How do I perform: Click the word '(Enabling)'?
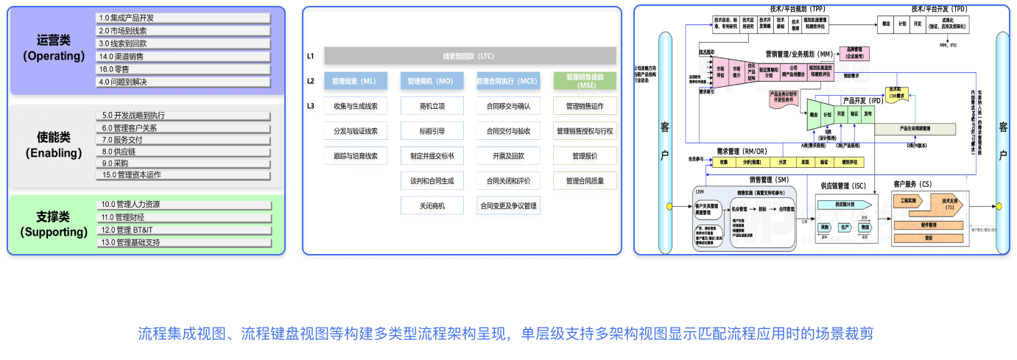54,153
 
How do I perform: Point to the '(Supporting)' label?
54,232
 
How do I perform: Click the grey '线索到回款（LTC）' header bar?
470,56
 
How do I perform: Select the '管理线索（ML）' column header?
356,81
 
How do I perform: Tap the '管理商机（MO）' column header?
432,81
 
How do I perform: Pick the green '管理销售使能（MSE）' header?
585,81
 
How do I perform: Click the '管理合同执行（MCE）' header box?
508,81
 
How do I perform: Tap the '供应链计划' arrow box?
844,204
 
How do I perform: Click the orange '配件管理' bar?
928,225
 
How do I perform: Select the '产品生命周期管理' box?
915,128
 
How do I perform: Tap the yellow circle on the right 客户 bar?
1000,206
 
